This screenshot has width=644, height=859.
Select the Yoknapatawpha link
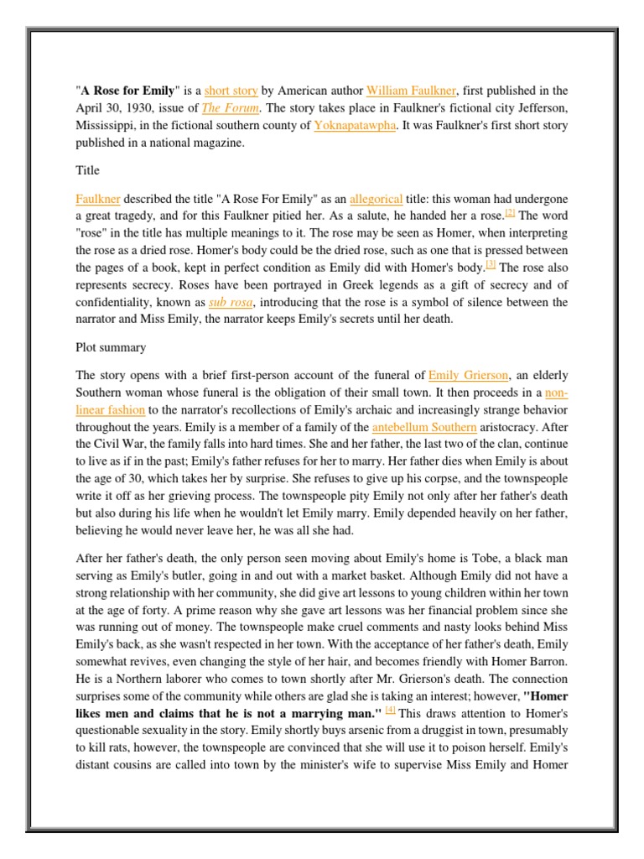click(x=355, y=126)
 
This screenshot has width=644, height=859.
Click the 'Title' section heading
click(x=87, y=171)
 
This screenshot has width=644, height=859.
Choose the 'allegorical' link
click(x=376, y=199)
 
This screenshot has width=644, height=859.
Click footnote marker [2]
click(x=509, y=215)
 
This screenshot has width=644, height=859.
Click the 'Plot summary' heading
click(x=112, y=347)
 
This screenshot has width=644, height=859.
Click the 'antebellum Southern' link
click(x=423, y=427)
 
